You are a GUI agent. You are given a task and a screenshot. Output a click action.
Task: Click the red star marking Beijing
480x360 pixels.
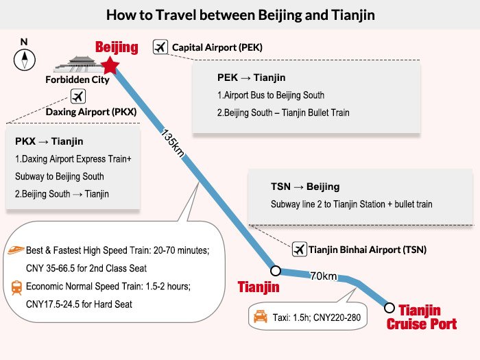click(110, 65)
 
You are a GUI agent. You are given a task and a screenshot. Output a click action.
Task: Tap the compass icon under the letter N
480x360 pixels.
click(25, 60)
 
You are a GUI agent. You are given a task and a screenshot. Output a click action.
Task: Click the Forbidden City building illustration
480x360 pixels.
click(77, 64)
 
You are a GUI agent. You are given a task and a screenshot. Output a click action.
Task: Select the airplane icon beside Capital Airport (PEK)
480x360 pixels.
click(160, 47)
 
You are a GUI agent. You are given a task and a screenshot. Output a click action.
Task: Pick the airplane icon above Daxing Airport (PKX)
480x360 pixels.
click(77, 97)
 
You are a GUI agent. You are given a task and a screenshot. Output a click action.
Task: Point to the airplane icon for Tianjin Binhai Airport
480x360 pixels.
click(300, 249)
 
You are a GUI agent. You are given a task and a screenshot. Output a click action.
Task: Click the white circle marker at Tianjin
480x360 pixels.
click(276, 271)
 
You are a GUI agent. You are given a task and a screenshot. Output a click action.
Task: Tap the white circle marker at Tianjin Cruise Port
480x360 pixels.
click(389, 308)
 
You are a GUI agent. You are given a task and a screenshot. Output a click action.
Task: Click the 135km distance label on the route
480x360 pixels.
click(173, 143)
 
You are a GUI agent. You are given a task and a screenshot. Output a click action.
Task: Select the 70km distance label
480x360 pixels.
click(324, 276)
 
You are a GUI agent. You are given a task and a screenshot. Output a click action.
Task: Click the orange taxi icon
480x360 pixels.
click(260, 317)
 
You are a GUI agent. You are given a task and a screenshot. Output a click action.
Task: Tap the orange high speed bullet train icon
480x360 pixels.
click(16, 250)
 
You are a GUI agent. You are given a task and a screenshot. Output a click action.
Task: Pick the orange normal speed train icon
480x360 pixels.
click(16, 288)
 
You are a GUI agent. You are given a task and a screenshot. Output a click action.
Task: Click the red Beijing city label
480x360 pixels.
click(117, 47)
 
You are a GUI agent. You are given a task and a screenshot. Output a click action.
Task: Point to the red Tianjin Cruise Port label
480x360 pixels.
click(422, 317)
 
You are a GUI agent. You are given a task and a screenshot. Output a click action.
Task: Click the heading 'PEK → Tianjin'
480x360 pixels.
click(252, 77)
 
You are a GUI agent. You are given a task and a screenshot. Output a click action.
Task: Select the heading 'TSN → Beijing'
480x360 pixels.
click(305, 187)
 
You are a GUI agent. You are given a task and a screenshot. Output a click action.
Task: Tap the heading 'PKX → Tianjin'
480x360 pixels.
click(49, 141)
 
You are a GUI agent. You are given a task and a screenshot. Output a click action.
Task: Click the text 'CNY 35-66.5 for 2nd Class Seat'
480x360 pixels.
click(86, 268)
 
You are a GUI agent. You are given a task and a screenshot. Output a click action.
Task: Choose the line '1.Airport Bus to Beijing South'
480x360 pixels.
click(271, 95)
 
